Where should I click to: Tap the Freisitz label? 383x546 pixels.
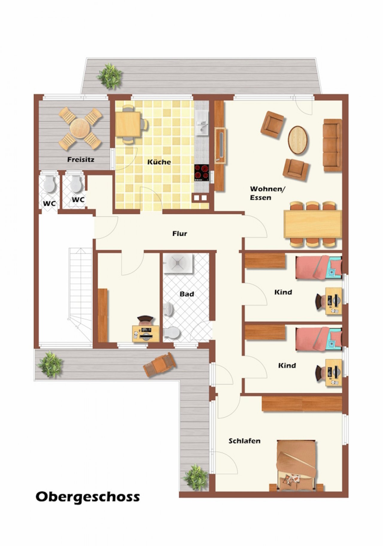80,160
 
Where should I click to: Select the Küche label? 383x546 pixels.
159,162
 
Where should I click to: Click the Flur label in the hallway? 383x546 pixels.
180,233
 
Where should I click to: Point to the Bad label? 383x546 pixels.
187,294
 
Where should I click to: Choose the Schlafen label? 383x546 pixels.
244,441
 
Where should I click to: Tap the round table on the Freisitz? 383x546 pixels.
80,128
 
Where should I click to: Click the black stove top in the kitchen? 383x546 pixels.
201,172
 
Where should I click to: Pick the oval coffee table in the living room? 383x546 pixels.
298,140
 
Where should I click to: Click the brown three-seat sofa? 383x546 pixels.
332,145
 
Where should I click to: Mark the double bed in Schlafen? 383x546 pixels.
296,465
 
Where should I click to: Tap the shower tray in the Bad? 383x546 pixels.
178,263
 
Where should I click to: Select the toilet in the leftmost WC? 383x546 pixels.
50,184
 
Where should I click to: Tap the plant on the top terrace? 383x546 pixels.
110,76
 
